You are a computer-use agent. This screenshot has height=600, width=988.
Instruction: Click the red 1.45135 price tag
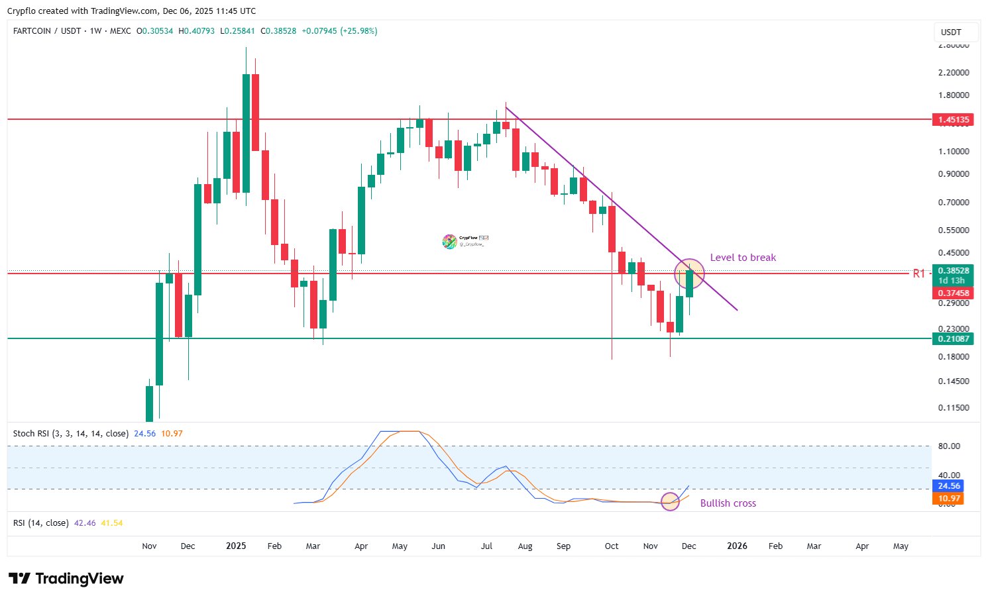[953, 120]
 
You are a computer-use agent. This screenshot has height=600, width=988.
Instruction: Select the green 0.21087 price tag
[953, 339]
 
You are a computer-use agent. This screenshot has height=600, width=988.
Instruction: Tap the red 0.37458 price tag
[953, 293]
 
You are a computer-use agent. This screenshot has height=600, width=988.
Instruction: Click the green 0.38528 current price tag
[953, 271]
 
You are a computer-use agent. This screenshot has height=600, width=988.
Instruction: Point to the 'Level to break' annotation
[743, 258]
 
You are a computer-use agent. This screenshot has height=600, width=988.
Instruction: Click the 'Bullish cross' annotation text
[728, 503]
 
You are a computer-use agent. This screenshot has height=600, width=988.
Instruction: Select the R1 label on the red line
[918, 274]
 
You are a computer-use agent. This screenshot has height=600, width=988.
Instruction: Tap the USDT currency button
[951, 32]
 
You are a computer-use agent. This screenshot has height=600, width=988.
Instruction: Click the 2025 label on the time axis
[236, 546]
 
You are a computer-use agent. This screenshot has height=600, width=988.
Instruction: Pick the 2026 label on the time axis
[737, 546]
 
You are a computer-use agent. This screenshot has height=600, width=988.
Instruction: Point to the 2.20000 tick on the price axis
[954, 73]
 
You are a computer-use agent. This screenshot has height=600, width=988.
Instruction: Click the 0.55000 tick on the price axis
[954, 230]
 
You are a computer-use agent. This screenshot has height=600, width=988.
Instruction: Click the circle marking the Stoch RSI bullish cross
[671, 501]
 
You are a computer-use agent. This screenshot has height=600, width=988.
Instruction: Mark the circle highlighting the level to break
[689, 273]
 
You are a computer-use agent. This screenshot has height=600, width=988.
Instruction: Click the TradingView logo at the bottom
[66, 579]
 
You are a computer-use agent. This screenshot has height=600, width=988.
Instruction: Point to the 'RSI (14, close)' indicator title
[41, 523]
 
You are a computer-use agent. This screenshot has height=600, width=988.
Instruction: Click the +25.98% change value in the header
[358, 31]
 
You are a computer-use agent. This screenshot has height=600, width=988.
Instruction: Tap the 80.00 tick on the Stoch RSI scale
[950, 446]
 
